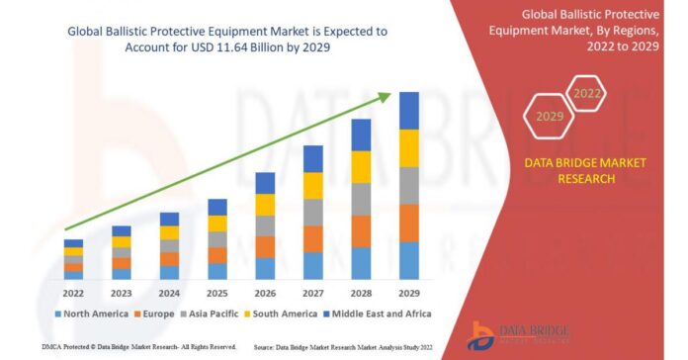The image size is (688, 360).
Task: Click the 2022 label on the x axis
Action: point(73,293)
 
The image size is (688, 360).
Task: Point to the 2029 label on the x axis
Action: point(408,293)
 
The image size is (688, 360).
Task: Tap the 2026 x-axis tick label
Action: point(265,293)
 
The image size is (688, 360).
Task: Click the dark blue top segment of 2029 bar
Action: point(408,110)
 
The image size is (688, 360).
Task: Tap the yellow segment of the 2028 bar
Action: point(361,166)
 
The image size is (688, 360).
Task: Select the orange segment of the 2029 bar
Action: point(408,223)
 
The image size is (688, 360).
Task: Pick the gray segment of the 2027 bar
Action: point(313,212)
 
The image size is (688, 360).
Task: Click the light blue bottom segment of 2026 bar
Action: point(265,268)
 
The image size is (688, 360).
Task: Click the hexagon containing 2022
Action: point(587,94)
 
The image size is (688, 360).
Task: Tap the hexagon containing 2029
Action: point(550,117)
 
